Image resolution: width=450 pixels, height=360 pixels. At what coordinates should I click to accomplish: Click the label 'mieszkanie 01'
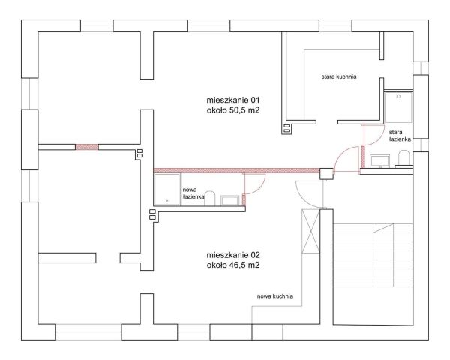[x=232, y=100]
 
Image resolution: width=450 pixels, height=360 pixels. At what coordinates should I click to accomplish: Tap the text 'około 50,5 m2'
[x=232, y=110]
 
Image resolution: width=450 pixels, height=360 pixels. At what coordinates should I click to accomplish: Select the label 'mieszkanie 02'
[x=233, y=255]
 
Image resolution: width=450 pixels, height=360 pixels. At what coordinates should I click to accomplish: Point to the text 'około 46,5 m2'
[x=233, y=265]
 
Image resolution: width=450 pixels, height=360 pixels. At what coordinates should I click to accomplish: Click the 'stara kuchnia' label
[x=339, y=76]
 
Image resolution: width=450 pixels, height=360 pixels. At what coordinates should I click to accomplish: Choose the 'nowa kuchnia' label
[x=275, y=296]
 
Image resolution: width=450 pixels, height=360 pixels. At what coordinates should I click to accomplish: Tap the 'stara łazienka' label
[x=400, y=136]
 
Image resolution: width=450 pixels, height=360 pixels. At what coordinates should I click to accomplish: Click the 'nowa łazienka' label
[x=193, y=193]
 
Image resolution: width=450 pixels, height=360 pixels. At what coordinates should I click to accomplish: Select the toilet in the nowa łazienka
[x=210, y=198]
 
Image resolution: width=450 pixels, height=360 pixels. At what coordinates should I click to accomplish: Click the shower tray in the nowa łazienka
[x=167, y=190]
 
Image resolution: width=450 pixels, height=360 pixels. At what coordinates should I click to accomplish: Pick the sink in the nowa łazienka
[x=230, y=200]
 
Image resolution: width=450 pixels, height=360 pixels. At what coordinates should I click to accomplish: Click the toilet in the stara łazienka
[x=403, y=158]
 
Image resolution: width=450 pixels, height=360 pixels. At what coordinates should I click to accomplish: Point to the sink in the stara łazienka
[x=379, y=160]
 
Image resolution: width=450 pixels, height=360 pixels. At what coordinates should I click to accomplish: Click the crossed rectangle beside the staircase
[x=310, y=231]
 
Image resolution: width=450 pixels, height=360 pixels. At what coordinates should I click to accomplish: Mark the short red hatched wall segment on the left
[x=87, y=147]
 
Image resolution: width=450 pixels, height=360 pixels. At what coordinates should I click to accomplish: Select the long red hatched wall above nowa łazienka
[x=237, y=170]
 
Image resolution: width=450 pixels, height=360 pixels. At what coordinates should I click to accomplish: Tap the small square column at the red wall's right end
[x=326, y=174]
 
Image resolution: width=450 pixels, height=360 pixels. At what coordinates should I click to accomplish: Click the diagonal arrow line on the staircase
[x=382, y=228]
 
